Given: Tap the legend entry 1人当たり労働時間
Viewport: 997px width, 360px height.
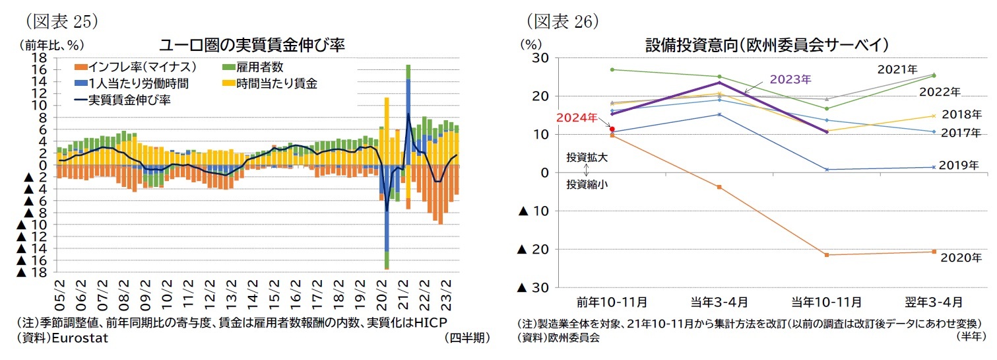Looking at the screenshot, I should pyautogui.click(x=133, y=83).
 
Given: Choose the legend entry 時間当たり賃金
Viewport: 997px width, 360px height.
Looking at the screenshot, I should pyautogui.click(x=276, y=83).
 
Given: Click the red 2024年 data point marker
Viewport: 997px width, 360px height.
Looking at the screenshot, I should pyautogui.click(x=612, y=129).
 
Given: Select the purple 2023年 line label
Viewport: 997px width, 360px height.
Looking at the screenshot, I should pyautogui.click(x=790, y=79).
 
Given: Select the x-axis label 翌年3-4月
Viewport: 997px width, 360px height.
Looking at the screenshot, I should pyautogui.click(x=933, y=302).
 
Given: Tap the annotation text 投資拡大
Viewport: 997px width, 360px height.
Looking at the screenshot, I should pyautogui.click(x=587, y=158).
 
